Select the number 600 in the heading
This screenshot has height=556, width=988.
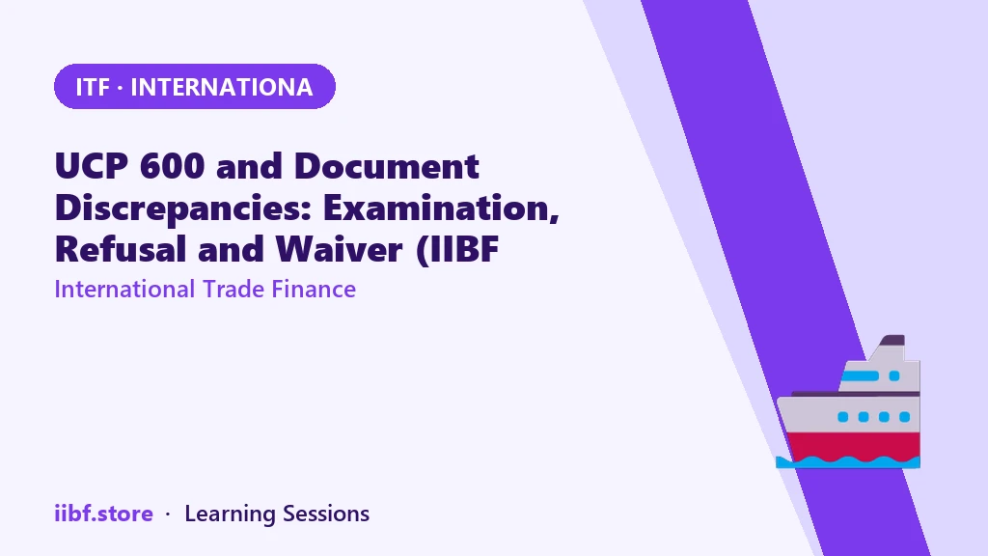coord(172,166)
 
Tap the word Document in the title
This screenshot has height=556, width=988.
coord(386,166)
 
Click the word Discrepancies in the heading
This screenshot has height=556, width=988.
coord(183,208)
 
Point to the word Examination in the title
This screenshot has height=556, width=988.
coord(441,208)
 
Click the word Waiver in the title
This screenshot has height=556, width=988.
coord(339,249)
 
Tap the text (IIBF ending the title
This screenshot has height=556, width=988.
coord(457,250)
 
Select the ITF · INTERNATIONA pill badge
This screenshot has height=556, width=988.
coord(195,86)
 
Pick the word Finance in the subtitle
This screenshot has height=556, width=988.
coord(314,290)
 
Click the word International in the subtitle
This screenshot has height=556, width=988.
coord(124,290)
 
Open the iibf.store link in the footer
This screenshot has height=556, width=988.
coord(104,514)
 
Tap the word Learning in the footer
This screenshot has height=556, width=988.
coord(230,514)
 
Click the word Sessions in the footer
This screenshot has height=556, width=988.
coord(326,514)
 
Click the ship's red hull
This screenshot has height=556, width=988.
coord(853,446)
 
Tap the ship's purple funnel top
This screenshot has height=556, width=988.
coord(892,341)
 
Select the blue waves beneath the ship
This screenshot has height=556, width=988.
coord(847,462)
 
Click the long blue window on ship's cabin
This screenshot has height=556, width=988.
coord(860,376)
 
